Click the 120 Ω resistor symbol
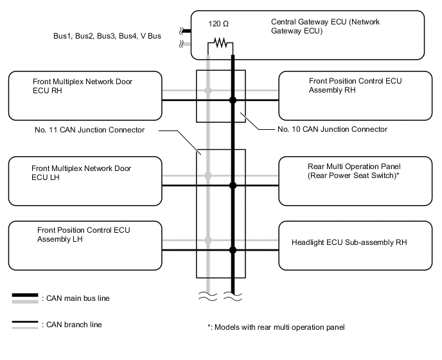220,43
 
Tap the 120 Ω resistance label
218,23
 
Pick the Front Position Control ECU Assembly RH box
357,95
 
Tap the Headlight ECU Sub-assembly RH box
357,244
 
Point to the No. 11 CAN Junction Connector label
90,129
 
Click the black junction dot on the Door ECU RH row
233,100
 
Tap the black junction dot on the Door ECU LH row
233,185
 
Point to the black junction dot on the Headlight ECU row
233,249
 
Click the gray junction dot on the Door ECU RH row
208,91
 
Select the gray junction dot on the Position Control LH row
208,240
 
